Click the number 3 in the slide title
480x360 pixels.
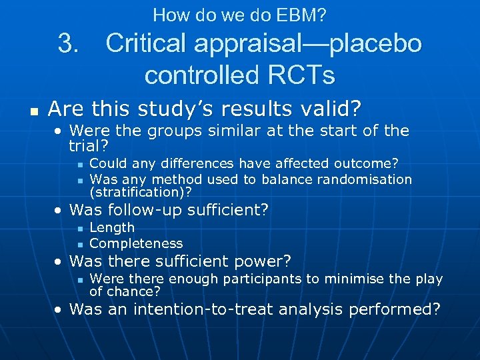[68, 44]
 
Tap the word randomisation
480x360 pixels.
[365, 179]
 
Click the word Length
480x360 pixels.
[112, 227]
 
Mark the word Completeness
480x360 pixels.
[136, 243]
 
